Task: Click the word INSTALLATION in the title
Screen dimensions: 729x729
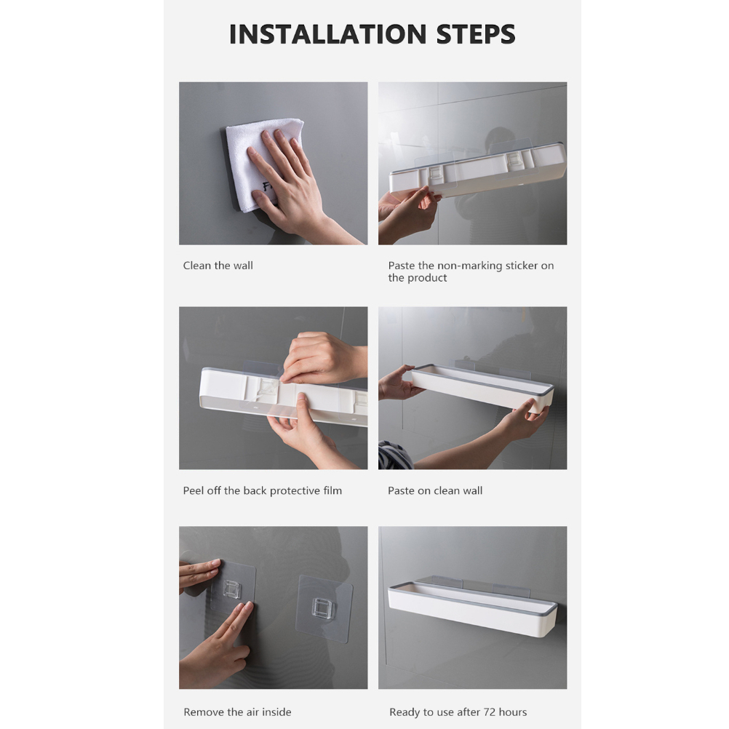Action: click(x=328, y=34)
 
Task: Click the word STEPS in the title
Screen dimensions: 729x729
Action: click(x=476, y=34)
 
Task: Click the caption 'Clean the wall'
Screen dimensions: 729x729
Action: click(x=218, y=266)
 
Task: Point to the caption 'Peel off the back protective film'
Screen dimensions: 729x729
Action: click(x=262, y=490)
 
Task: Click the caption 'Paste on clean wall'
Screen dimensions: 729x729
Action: click(x=435, y=490)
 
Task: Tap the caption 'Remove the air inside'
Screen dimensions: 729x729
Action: click(x=238, y=712)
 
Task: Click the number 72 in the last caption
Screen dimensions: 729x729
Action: click(x=490, y=712)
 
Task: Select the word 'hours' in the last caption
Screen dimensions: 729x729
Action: click(x=513, y=712)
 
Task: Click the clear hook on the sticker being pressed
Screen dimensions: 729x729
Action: click(x=231, y=589)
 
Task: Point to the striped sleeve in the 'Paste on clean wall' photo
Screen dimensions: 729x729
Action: click(x=395, y=455)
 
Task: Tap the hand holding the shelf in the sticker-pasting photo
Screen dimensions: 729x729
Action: click(x=407, y=212)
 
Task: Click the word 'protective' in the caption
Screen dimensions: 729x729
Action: click(x=295, y=491)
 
